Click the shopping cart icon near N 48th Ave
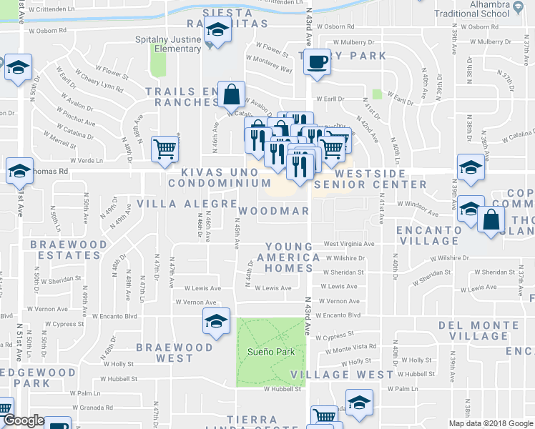(x=165, y=149)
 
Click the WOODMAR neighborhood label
(x=273, y=211)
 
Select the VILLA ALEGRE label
(x=187, y=204)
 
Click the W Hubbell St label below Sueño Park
(x=282, y=390)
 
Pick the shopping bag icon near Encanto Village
(x=492, y=221)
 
